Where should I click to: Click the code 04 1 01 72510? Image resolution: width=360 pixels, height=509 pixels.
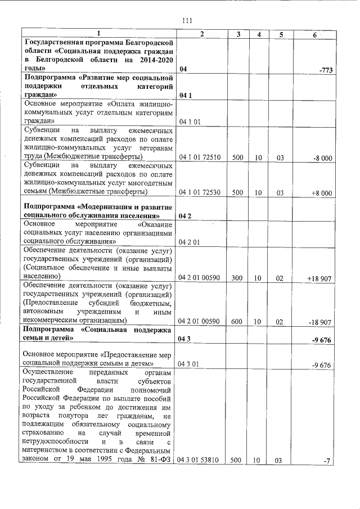pyautogui.click(x=199, y=158)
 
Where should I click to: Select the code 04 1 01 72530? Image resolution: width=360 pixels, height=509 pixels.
pyautogui.click(x=199, y=193)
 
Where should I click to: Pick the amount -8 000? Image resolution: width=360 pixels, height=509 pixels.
pyautogui.click(x=323, y=158)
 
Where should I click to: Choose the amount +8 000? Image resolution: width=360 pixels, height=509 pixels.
pyautogui.click(x=322, y=193)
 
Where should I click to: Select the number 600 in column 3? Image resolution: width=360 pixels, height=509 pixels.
pyautogui.click(x=236, y=322)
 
